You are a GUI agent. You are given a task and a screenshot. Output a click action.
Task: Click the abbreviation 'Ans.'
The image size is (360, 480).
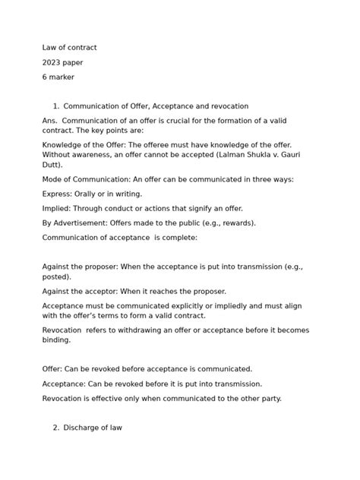point(50,121)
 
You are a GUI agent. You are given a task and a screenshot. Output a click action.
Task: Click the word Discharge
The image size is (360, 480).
point(83,428)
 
